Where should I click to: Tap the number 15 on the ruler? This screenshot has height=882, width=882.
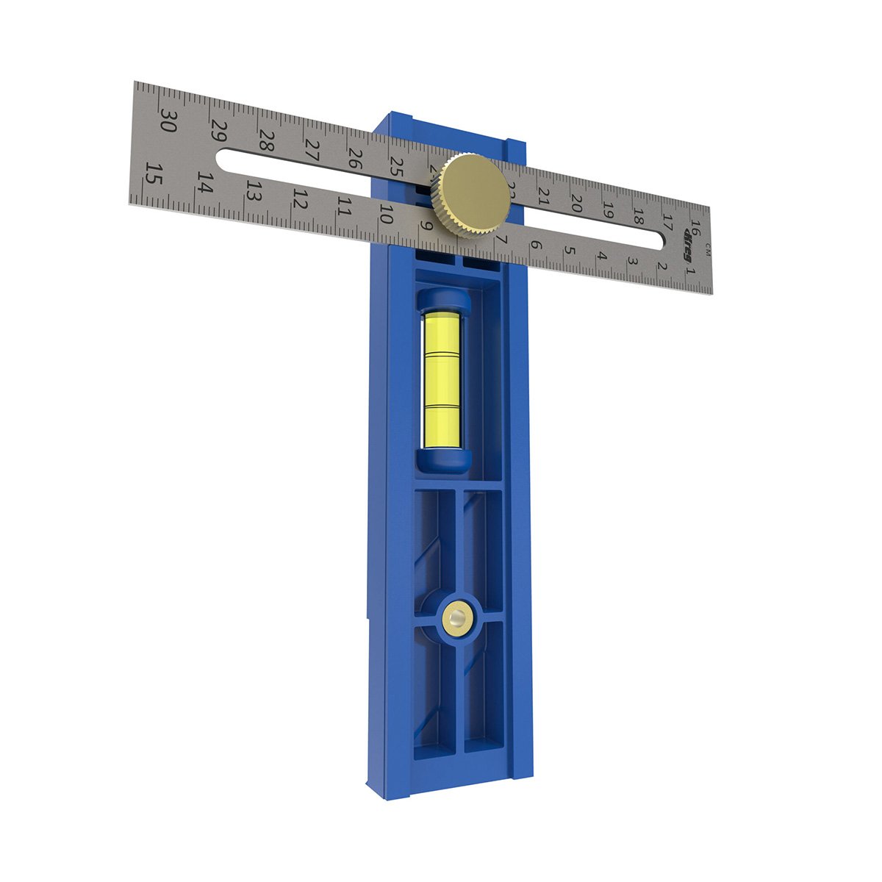pyautogui.click(x=154, y=175)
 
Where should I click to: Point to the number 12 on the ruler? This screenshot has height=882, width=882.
pyautogui.click(x=300, y=198)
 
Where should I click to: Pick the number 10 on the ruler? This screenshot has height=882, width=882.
pyautogui.click(x=385, y=214)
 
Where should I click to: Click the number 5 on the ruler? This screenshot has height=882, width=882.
pyautogui.click(x=568, y=251)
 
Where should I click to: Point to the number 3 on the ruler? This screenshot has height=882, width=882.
pyautogui.click(x=631, y=262)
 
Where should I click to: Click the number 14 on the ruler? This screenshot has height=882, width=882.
pyautogui.click(x=205, y=183)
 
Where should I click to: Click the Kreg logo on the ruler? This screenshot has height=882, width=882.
pyautogui.click(x=689, y=239)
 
